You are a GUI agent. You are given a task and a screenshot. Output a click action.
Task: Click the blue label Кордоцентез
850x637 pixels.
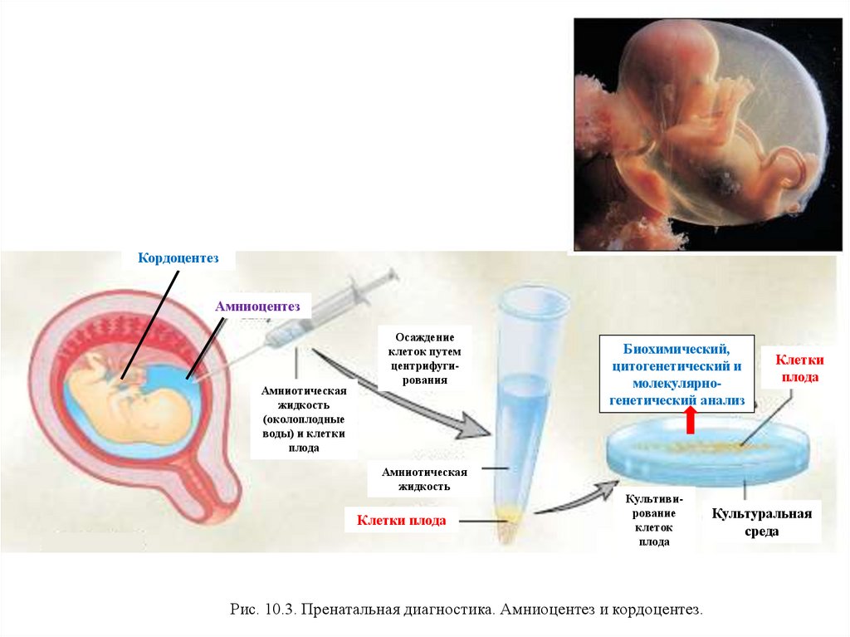(178, 259)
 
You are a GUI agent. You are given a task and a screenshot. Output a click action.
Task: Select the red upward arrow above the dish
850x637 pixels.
(690, 421)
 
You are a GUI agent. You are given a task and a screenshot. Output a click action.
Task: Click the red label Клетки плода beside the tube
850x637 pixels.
(401, 521)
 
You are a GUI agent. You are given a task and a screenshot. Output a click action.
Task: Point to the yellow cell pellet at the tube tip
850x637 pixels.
(510, 522)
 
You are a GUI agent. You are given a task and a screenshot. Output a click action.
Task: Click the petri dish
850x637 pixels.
(705, 453)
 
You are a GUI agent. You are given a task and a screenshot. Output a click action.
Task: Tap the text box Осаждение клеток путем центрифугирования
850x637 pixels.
(425, 359)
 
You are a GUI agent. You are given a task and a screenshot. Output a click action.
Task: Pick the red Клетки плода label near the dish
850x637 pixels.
(799, 368)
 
